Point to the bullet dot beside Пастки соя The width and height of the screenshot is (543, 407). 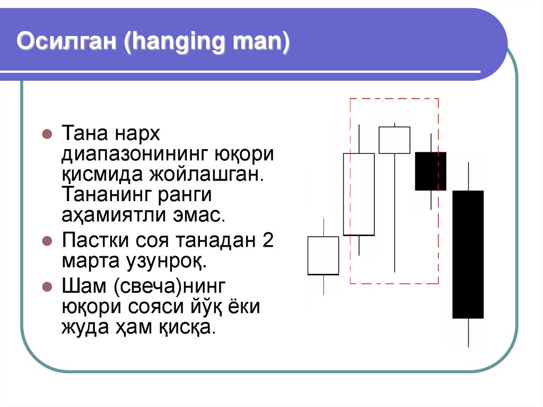(46, 240)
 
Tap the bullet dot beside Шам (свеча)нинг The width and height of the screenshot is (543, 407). (46, 286)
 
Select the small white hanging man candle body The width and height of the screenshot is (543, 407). (395, 140)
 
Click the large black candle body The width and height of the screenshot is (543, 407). (468, 254)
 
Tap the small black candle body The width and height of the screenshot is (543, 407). (431, 171)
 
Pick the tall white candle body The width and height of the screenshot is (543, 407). (359, 194)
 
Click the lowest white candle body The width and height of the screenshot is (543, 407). (323, 255)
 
